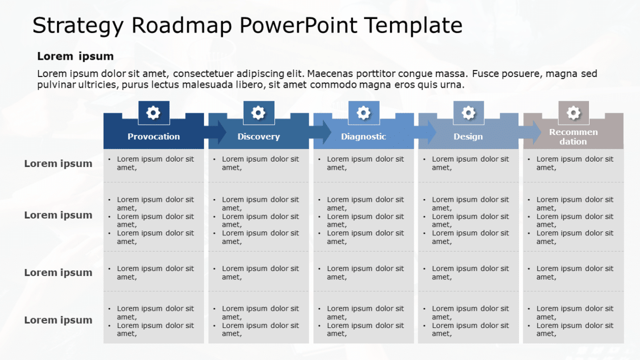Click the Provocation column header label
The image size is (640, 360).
(x=153, y=136)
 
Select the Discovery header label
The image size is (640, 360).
(x=259, y=136)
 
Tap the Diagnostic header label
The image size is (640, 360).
(x=363, y=136)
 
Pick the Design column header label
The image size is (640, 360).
(x=468, y=136)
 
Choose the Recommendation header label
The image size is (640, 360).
(x=573, y=137)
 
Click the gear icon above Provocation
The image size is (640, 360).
(x=153, y=113)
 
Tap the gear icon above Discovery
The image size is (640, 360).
(x=258, y=113)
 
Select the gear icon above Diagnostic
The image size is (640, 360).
(x=363, y=113)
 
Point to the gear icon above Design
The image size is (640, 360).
(x=468, y=113)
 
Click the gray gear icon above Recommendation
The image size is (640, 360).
(x=573, y=113)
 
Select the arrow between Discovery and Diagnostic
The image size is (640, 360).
(x=321, y=132)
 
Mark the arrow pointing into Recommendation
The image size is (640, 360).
(x=530, y=132)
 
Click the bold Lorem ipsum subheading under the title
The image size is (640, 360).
(x=75, y=56)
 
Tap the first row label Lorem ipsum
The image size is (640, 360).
(x=58, y=164)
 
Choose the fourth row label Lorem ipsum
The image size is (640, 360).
(x=58, y=320)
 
